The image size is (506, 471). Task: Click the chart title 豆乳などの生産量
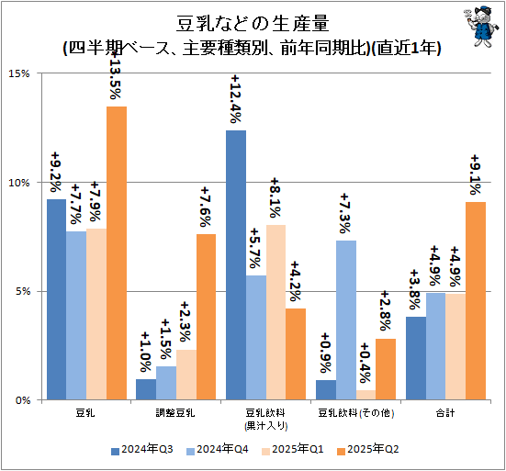click(x=252, y=21)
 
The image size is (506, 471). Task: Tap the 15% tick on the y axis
click(x=21, y=73)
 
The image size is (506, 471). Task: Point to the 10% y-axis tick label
click(x=21, y=183)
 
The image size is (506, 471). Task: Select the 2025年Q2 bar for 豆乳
click(x=117, y=253)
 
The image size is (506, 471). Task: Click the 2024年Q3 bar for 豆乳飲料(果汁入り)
click(x=236, y=265)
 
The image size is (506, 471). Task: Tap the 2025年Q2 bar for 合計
click(x=476, y=301)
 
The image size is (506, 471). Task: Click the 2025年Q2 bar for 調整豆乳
click(x=207, y=318)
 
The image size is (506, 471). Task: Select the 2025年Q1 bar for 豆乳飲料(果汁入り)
click(x=276, y=312)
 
